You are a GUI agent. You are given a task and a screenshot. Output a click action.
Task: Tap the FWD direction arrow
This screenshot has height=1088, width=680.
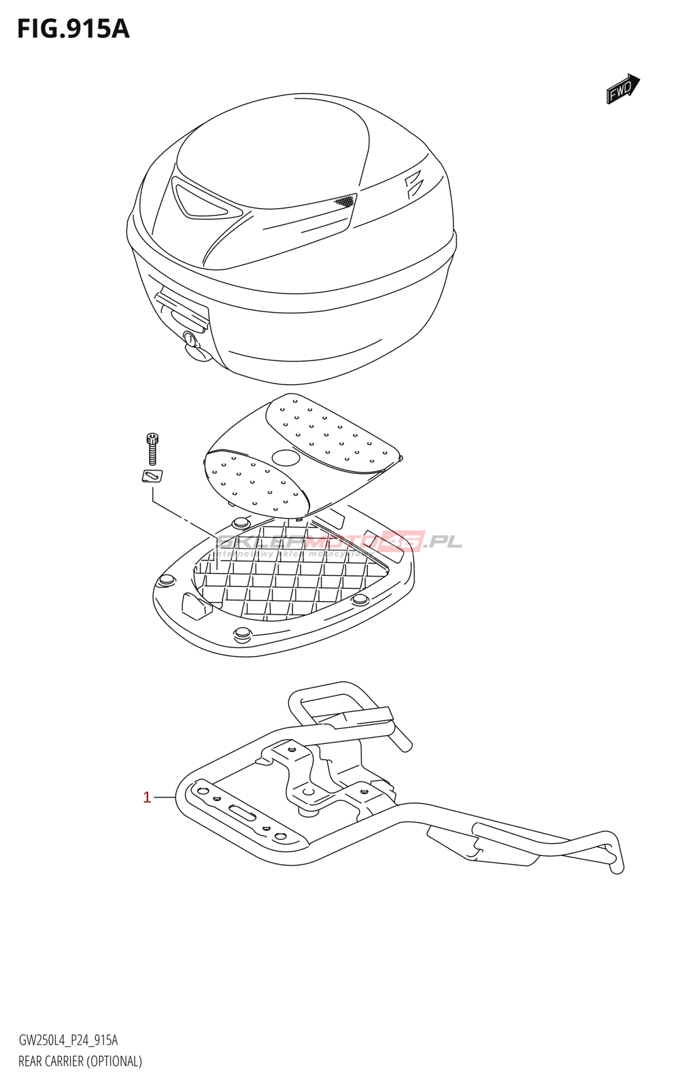[x=622, y=89]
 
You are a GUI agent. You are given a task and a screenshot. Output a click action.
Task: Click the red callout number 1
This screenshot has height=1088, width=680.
[x=147, y=797]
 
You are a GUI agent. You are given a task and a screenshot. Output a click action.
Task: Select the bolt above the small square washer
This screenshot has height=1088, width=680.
[x=152, y=448]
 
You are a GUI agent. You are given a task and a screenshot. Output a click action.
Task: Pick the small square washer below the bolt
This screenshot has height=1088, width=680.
[x=152, y=476]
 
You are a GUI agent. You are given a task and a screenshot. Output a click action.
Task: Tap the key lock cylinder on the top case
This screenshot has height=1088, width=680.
[x=190, y=338]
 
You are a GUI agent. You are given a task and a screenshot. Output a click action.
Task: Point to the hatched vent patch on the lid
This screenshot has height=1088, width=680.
[x=344, y=201]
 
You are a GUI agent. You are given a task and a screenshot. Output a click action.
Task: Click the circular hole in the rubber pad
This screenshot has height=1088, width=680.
[x=286, y=457]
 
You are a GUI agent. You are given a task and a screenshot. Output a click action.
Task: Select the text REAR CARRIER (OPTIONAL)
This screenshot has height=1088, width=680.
[x=80, y=1061]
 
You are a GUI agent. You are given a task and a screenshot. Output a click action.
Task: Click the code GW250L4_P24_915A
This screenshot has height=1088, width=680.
[x=68, y=1040]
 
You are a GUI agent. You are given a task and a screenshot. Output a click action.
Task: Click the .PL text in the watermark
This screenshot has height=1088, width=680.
[x=442, y=542]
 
